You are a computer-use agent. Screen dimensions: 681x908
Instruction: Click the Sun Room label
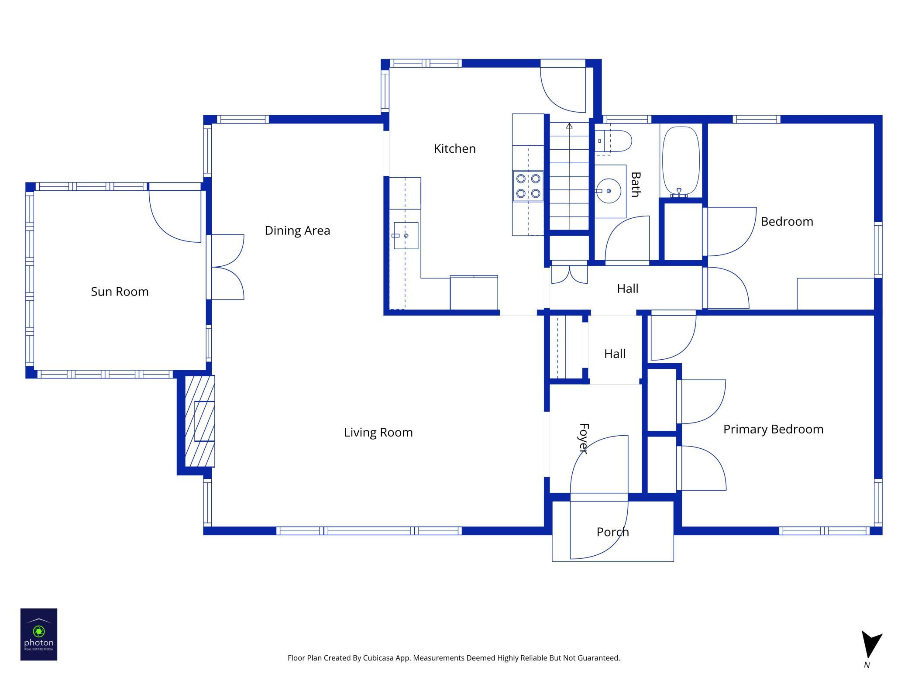coord(120,292)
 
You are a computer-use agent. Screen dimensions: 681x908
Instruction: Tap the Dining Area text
coord(297,230)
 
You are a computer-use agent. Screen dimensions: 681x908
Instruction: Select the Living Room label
coord(378,432)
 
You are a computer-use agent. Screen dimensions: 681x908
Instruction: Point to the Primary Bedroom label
coord(773,429)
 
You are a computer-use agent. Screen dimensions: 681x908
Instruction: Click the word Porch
coord(612,532)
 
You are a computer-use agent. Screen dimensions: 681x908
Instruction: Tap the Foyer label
coord(584,438)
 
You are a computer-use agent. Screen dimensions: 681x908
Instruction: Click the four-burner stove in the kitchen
coord(528,186)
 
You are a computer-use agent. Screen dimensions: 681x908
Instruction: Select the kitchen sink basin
coord(406,236)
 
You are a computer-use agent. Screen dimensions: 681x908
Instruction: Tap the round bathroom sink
coord(609,191)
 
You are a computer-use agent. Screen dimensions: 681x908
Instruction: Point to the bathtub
coord(681,161)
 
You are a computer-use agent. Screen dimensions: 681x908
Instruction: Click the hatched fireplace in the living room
coord(200,421)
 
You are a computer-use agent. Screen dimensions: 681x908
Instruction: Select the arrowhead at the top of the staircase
coord(569,126)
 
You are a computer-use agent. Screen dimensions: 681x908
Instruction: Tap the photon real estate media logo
coord(39,634)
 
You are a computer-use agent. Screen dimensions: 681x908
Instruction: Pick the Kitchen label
coord(454,148)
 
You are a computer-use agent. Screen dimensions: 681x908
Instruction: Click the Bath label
coord(636,184)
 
